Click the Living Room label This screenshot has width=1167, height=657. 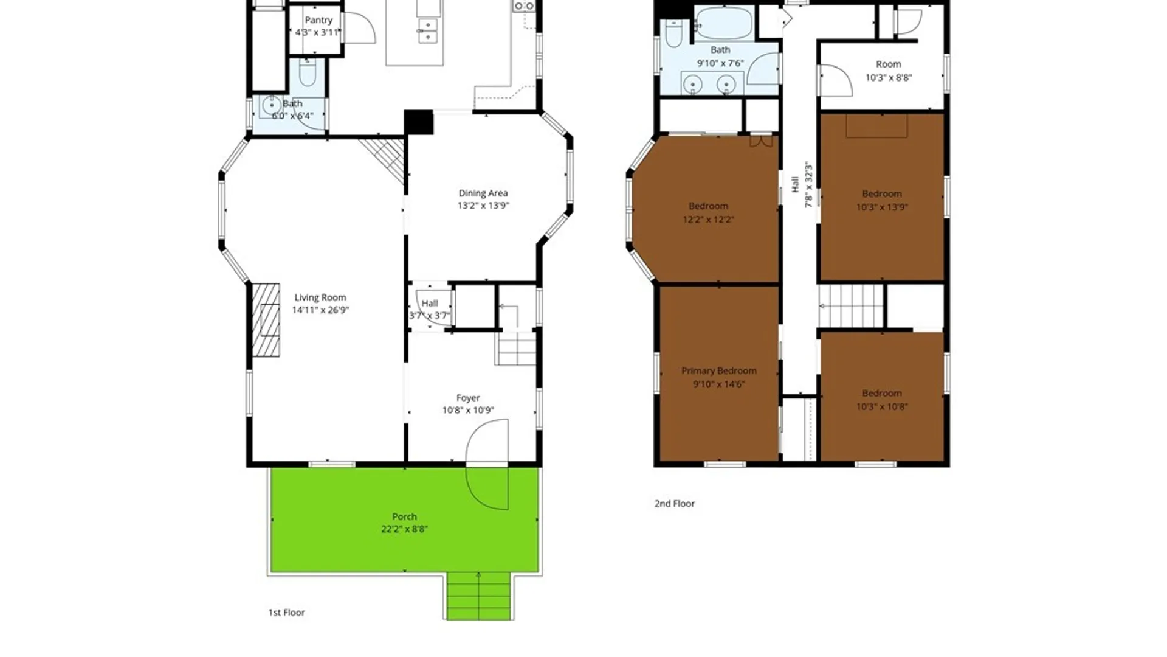(x=320, y=297)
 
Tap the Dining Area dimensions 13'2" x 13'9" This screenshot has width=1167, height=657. (x=483, y=206)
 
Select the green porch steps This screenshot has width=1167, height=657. (x=479, y=596)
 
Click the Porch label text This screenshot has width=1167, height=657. (x=405, y=516)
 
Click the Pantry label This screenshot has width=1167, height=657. (x=318, y=20)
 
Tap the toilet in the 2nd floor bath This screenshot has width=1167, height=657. (x=673, y=33)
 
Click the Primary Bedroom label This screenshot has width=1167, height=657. (x=719, y=370)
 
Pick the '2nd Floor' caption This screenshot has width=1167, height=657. (x=675, y=504)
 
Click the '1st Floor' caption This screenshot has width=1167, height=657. (x=287, y=613)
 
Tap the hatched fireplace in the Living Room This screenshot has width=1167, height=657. (x=266, y=320)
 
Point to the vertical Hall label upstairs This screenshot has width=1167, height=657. (x=795, y=184)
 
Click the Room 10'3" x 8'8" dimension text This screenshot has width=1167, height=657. (x=889, y=77)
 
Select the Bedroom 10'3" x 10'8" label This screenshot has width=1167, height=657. (x=882, y=400)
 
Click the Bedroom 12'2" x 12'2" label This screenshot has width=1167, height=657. (x=709, y=212)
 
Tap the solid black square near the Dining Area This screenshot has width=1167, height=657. (x=419, y=122)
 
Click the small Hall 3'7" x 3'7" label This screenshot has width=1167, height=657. (x=430, y=309)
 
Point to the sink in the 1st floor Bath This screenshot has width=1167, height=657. (x=270, y=106)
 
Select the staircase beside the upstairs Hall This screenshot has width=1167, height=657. (x=851, y=306)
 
